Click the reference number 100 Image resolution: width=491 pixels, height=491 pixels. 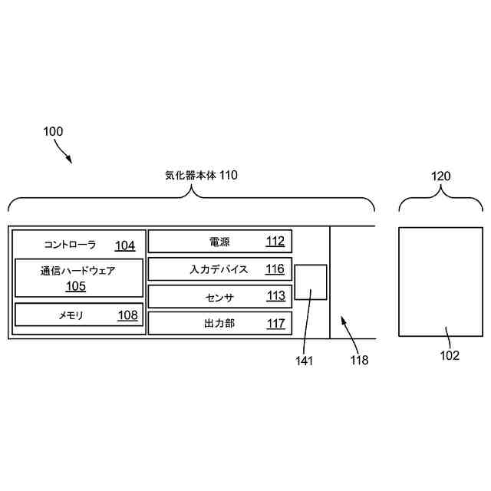coord(53,132)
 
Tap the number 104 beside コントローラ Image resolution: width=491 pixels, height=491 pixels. coord(125,245)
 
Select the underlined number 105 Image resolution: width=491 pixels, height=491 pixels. coord(76,287)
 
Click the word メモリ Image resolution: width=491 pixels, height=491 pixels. coord(71,315)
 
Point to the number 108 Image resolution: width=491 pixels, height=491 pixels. coord(127,315)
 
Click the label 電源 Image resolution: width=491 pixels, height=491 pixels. coord(219,242)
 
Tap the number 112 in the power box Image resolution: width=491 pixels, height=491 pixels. coord(275,242)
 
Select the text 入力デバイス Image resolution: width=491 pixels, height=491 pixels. coord(219,269)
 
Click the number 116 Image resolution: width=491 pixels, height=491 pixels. coord(275,269)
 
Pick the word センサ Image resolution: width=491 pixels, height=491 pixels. coord(219,296)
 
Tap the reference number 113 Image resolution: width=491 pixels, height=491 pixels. coord(275,296)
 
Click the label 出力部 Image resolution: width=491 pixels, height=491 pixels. coord(219,323)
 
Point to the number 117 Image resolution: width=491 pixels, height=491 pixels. coord(275,323)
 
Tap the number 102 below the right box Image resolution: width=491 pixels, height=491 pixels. coord(449,355)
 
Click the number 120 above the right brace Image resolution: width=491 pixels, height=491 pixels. coord(440,176)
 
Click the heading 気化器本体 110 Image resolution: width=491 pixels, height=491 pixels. coord(202,176)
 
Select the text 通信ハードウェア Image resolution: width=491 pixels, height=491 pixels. coord(78,271)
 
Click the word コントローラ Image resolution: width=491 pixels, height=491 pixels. coord(71,245)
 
